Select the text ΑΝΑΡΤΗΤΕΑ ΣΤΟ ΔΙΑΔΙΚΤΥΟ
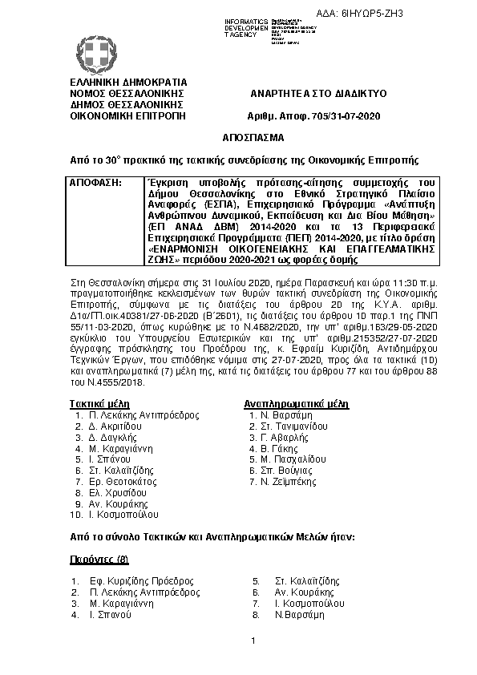tap(319, 94)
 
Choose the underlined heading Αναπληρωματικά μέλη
tap(296, 402)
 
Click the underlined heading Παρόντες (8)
tap(93, 559)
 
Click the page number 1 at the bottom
tap(252, 641)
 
